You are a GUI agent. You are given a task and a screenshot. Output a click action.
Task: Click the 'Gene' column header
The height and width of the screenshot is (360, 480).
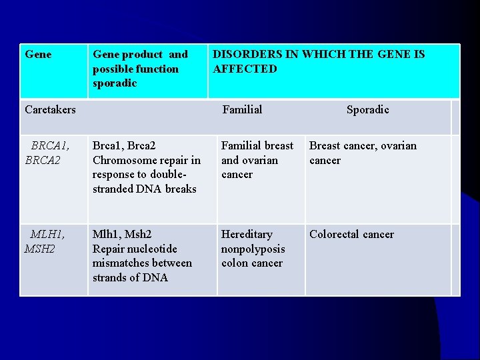click(x=38, y=55)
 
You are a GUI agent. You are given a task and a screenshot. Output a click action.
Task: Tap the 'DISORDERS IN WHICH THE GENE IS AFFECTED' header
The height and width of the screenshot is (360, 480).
click(x=318, y=61)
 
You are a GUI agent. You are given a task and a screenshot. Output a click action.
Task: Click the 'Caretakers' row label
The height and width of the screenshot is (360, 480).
click(x=50, y=109)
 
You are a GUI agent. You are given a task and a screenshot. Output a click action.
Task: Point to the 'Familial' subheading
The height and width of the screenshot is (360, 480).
click(x=242, y=109)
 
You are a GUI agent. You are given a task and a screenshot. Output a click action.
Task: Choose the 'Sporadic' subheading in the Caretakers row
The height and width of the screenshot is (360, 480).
click(x=367, y=109)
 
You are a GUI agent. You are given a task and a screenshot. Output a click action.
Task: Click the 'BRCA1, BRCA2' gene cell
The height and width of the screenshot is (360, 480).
click(x=47, y=153)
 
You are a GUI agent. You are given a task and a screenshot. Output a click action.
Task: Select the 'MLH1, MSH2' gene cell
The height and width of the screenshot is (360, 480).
click(x=45, y=241)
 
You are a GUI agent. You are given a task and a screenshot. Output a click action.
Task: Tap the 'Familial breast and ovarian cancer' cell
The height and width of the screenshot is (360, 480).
click(x=257, y=160)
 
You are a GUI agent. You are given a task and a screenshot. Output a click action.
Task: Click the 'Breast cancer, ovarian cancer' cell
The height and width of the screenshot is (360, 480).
click(x=363, y=153)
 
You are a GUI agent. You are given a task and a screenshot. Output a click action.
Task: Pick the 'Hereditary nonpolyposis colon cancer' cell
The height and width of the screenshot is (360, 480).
click(x=253, y=249)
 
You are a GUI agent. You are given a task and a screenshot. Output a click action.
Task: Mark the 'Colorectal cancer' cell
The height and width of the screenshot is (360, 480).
click(x=351, y=235)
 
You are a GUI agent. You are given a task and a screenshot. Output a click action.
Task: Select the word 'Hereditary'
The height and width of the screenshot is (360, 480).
click(x=247, y=235)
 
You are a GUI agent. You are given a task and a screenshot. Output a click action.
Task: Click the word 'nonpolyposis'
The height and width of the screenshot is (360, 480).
click(x=253, y=249)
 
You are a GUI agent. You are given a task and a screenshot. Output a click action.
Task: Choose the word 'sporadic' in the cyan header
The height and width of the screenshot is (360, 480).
click(x=115, y=83)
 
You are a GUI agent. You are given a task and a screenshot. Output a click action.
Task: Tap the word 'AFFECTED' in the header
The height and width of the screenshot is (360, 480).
click(x=245, y=69)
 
